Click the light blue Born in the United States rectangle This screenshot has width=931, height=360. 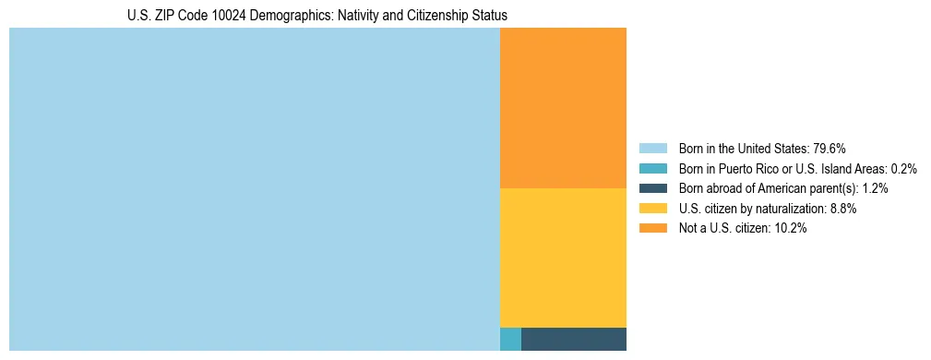254,189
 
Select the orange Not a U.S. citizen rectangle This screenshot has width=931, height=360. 563,108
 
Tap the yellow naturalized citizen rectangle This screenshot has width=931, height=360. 563,258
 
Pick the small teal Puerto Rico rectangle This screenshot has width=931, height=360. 510,339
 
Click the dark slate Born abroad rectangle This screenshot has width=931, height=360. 574,339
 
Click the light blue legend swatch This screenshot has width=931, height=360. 652,149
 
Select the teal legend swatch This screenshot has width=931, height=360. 652,169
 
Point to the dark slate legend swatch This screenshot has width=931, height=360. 652,188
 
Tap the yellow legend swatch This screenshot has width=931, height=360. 652,209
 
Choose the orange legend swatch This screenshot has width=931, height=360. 652,229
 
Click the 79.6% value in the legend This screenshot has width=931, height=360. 830,149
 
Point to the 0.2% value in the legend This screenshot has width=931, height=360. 904,169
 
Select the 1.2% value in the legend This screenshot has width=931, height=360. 875,188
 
